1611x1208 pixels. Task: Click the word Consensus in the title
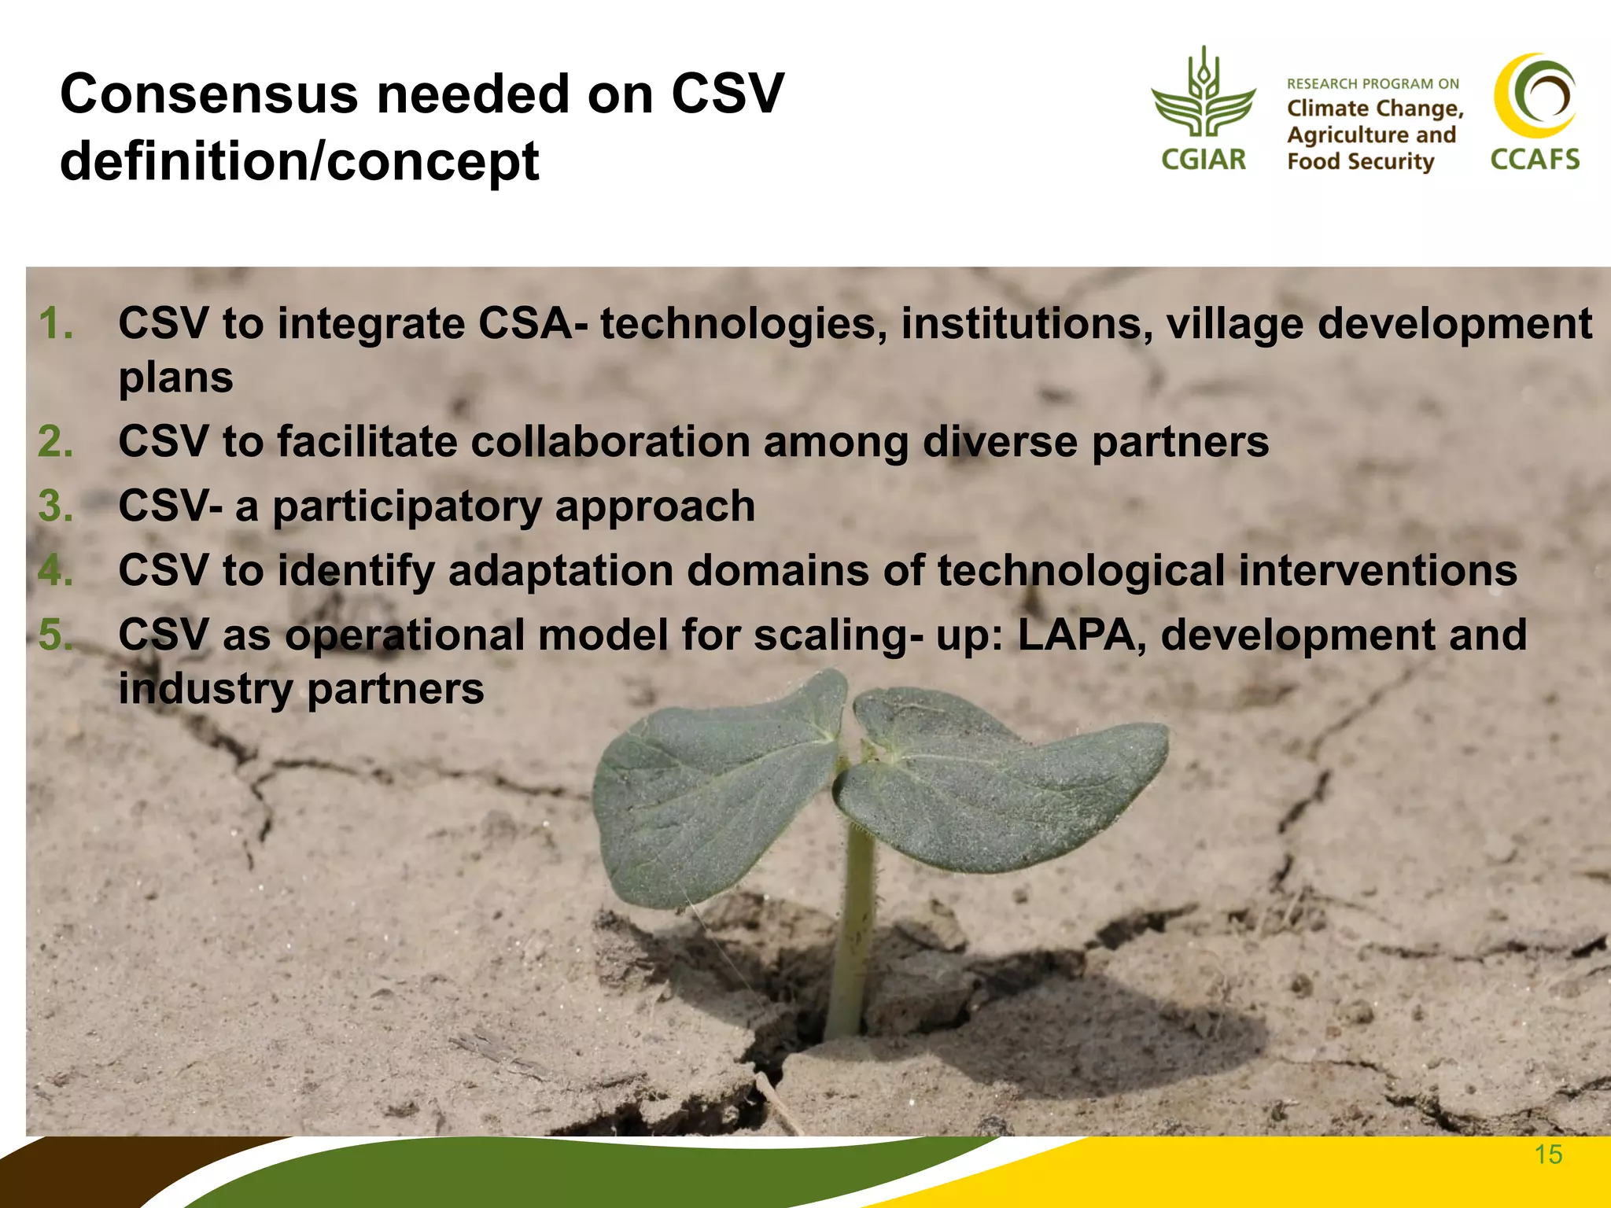point(209,94)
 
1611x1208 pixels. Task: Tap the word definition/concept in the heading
point(299,162)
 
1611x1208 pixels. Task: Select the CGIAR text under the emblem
point(1204,160)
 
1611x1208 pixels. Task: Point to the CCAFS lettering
point(1535,160)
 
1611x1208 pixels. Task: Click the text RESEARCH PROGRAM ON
point(1373,84)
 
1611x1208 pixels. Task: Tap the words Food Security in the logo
point(1361,162)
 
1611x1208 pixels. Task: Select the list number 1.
point(56,324)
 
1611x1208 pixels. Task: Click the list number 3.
point(56,506)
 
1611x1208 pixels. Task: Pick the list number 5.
point(56,635)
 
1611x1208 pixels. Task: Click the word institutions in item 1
point(1027,324)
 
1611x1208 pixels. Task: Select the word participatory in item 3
point(407,506)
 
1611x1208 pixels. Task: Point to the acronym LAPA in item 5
point(1082,635)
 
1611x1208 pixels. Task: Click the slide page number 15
point(1548,1155)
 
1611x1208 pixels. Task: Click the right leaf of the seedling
point(999,779)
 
